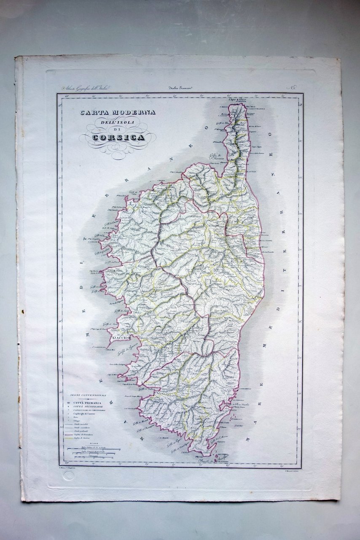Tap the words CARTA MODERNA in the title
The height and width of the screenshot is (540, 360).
point(118,112)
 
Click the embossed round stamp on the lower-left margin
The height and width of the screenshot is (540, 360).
point(69,475)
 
